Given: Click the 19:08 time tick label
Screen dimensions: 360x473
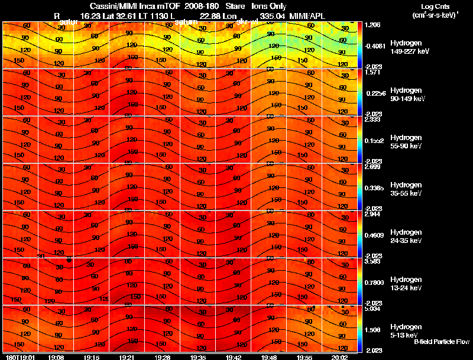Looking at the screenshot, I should coord(56,357).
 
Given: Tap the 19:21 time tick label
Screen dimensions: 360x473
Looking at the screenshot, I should coord(127,357).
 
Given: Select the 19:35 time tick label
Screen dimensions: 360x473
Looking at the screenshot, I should coord(198,357).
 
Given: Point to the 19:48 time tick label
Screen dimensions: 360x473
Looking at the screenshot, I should coord(269,357).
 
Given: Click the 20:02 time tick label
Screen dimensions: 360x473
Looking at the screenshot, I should coord(340,357).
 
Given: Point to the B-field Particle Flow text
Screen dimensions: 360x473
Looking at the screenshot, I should coord(442,342).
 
